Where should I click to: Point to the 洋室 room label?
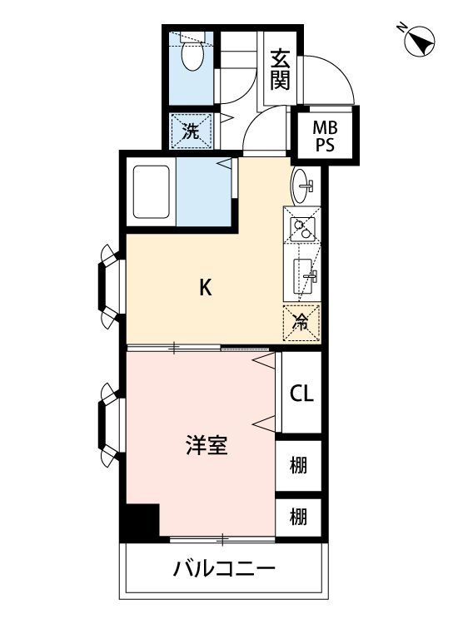click(206, 446)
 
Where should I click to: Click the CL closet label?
click(301, 394)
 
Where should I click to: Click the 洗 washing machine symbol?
click(191, 130)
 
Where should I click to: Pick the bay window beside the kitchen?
click(110, 283)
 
